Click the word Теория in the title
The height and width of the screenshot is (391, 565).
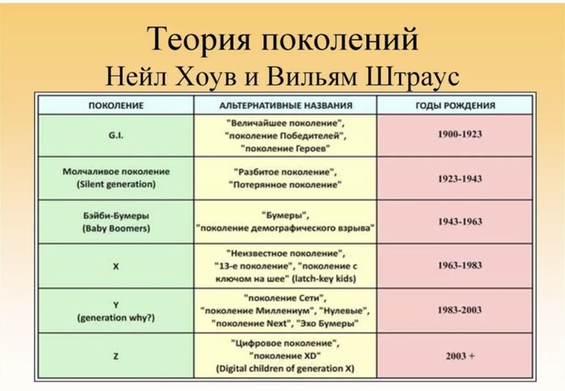[199, 39]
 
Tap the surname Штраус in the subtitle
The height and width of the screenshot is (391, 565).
[413, 76]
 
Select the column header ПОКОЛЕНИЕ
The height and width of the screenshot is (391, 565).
[116, 105]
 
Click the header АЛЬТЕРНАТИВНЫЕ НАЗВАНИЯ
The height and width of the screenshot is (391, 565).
[286, 105]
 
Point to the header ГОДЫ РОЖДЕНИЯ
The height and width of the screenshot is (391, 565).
[455, 105]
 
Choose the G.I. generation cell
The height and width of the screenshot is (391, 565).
[115, 136]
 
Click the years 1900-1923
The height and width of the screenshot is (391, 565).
[460, 134]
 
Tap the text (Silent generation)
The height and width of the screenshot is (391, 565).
[116, 184]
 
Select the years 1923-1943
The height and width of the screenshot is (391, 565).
[460, 179]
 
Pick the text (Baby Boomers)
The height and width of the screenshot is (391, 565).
[116, 229]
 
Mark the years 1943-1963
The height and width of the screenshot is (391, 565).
[460, 222]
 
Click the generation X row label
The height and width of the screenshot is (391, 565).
[115, 266]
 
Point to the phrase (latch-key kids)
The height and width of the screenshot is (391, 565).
[324, 279]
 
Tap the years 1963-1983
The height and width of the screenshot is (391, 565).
[460, 266]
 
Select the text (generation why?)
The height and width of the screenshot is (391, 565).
[116, 318]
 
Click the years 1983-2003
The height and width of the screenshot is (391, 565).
[460, 310]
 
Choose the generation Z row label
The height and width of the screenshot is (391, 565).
[115, 356]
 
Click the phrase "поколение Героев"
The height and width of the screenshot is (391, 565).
[286, 149]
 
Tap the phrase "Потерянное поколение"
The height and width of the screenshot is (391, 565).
[285, 185]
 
